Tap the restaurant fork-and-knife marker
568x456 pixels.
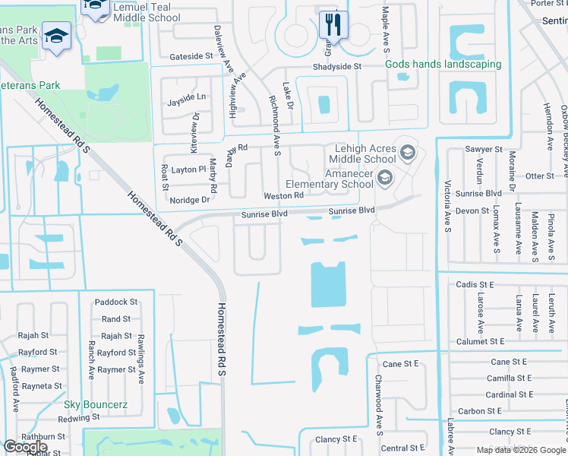(333, 24)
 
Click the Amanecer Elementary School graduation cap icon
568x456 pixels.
(385, 179)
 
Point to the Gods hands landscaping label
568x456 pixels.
(443, 65)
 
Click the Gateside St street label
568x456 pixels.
(191, 56)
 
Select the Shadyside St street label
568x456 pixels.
(337, 67)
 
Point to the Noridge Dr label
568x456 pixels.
(189, 200)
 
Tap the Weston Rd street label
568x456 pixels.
(283, 195)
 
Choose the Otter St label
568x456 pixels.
(540, 176)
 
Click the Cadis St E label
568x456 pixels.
(475, 284)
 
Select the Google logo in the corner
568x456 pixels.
(25, 446)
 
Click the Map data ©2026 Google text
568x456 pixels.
(521, 450)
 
